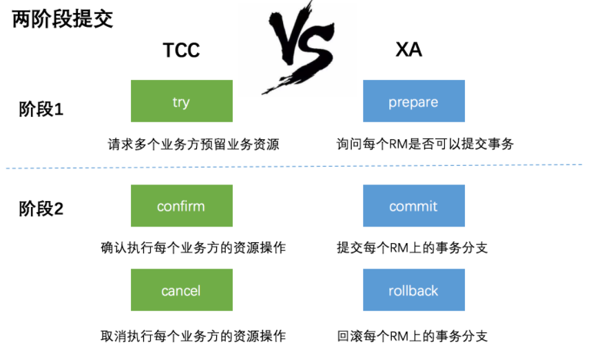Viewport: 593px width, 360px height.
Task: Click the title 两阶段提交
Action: click(63, 19)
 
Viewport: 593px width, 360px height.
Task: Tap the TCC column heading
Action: click(181, 50)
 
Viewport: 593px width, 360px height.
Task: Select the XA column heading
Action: click(408, 50)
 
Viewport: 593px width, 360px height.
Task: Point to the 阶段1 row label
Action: click(41, 109)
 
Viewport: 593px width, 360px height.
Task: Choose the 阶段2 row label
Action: click(41, 209)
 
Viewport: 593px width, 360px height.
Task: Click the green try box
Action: click(181, 101)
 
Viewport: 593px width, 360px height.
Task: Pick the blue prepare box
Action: click(413, 101)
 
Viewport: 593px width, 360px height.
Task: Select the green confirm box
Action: click(181, 206)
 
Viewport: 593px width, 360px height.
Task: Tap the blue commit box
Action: click(413, 206)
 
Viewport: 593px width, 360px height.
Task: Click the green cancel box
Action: click(181, 290)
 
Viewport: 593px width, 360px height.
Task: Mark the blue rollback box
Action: click(413, 290)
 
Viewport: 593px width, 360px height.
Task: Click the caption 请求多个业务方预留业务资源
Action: click(194, 145)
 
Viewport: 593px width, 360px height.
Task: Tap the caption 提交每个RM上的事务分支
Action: click(412, 248)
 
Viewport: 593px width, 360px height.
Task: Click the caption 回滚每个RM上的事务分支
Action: click(412, 336)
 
